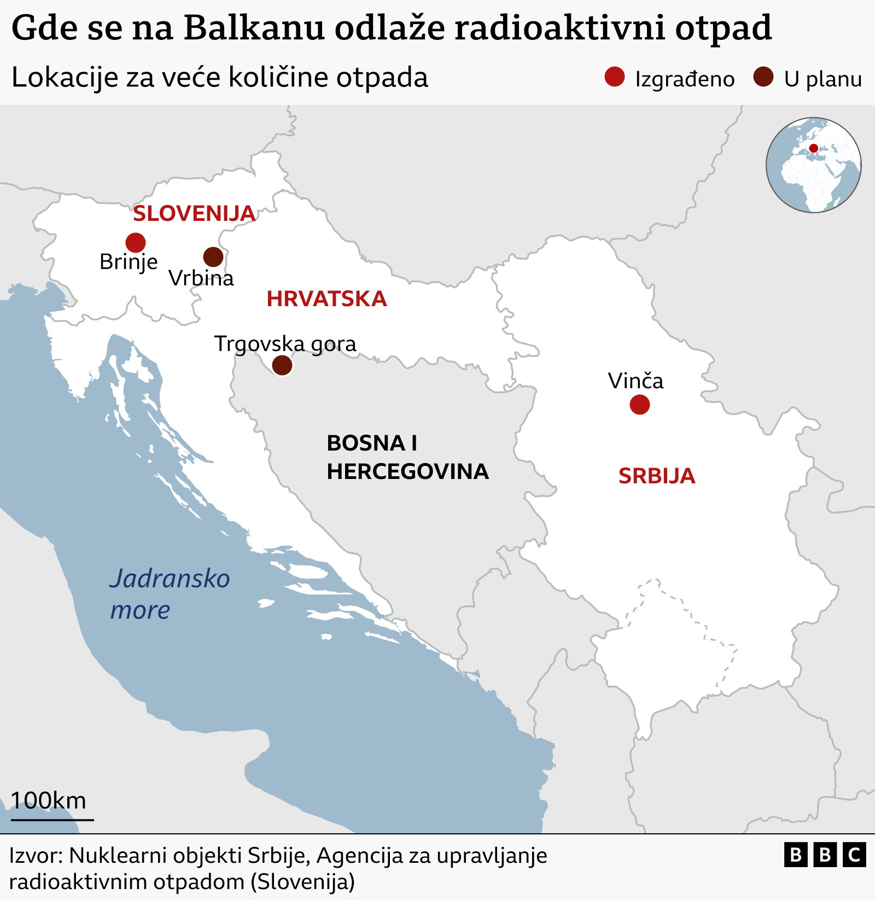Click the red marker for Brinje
point(136,242)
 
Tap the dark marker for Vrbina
point(213,256)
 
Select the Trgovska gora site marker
point(282,365)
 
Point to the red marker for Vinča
point(639,405)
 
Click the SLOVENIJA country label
point(194,214)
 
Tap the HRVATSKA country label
point(326,299)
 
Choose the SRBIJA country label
point(656,476)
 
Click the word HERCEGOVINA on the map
point(407,471)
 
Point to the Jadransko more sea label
point(170,593)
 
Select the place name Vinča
point(635,381)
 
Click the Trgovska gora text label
point(285,344)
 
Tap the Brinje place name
point(129,262)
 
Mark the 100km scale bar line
point(52,820)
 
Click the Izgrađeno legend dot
point(615,77)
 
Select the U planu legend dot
point(763,77)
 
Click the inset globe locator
point(813,165)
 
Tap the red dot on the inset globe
point(814,148)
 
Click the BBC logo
point(825,855)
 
